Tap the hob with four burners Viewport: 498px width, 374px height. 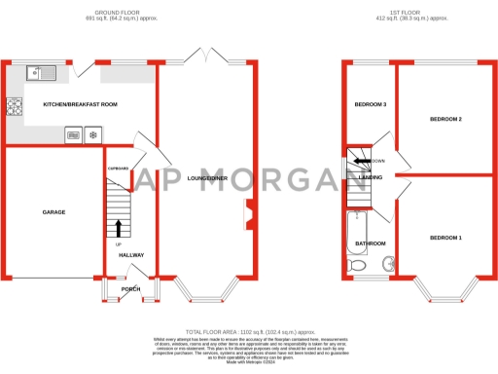tap(15, 107)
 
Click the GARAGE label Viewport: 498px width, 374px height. tap(53, 211)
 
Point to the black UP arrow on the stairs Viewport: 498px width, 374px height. tap(119, 228)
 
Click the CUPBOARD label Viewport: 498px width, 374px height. tap(118, 168)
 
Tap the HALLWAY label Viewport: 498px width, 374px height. tap(131, 255)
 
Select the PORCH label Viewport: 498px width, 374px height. tap(130, 289)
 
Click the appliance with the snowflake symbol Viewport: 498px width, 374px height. tap(92, 135)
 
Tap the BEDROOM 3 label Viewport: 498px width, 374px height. tap(370, 104)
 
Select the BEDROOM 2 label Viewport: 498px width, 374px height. tap(445, 119)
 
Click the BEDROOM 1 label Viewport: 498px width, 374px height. tap(446, 238)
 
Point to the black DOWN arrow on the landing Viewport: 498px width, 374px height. tap(362, 161)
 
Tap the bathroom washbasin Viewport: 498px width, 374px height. tap(388, 261)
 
